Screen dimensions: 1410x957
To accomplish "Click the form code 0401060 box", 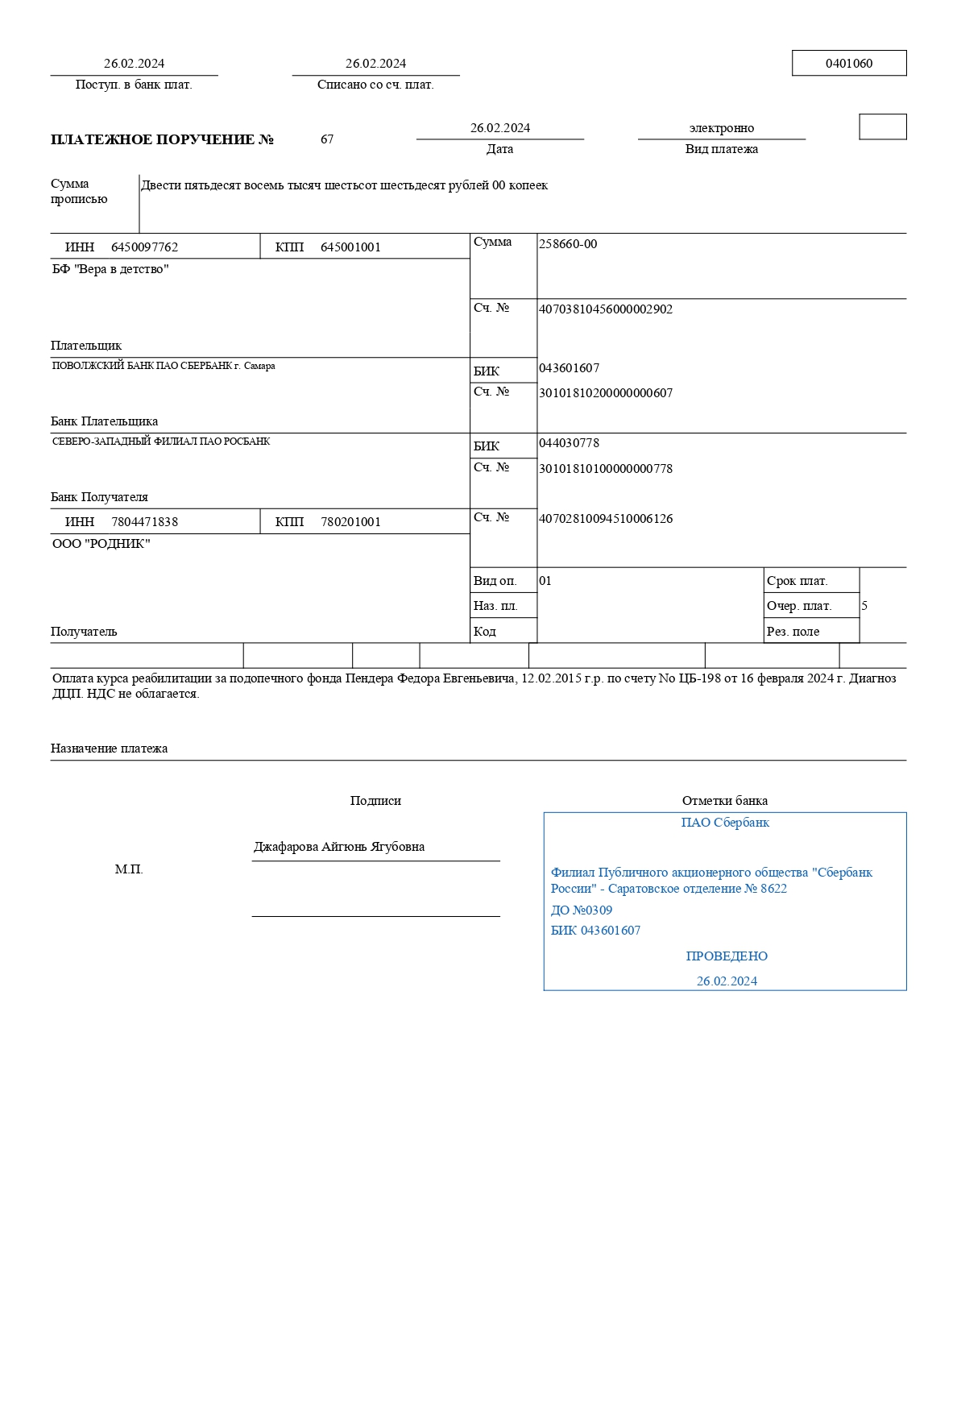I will coord(848,64).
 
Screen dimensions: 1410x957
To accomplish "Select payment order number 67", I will coord(327,139).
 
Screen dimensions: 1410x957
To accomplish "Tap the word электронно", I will coord(721,128).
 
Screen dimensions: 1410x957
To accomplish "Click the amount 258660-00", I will coord(568,244).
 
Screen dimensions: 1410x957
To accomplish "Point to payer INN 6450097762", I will coord(144,247).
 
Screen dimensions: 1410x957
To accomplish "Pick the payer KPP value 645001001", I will coord(350,247).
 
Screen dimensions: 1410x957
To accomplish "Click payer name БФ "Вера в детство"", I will coord(110,269).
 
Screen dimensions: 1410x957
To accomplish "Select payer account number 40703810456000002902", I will coord(605,309).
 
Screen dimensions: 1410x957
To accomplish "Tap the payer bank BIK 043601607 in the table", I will coord(569,368).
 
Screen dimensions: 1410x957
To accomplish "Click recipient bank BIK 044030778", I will coord(569,443).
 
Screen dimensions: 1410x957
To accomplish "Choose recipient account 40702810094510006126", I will coord(605,519).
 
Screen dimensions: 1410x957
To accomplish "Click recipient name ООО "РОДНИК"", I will coord(101,544).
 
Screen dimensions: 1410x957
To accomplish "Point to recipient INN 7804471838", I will coord(144,522).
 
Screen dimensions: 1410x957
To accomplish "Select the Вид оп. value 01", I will coord(545,581).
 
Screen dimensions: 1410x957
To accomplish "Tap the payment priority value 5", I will coord(864,606).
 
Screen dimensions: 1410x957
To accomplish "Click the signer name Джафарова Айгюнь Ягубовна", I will coord(339,847).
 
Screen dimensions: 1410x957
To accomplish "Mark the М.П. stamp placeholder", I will coord(129,869).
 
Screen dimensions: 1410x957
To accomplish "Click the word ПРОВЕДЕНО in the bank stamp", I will coord(727,956).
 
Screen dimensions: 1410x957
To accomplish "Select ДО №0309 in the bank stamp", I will coord(582,910).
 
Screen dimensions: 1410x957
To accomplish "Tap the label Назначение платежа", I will coord(109,749).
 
